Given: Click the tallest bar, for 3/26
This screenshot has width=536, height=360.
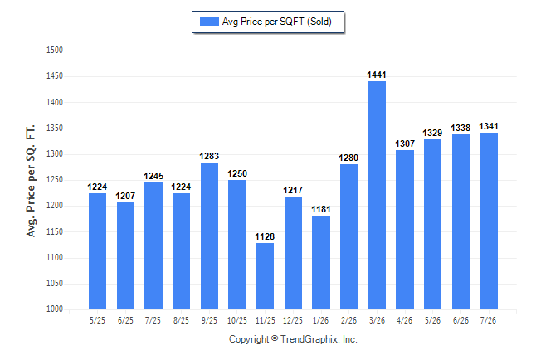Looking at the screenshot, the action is tap(377, 195).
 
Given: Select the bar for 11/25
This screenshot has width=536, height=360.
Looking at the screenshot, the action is tap(265, 276).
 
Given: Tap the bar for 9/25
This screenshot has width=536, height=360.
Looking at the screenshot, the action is tap(209, 236).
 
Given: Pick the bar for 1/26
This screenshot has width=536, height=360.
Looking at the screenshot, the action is tap(321, 263).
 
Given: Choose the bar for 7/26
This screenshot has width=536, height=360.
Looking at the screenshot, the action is tap(489, 221).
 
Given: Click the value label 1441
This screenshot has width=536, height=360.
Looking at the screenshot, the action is tap(377, 75).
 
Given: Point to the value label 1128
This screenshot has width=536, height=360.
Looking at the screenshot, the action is tap(265, 236).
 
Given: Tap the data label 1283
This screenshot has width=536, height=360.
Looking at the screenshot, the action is tap(209, 156).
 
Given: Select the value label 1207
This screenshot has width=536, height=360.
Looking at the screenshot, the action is tap(125, 196).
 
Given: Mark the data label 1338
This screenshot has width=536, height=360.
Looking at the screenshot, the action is tap(460, 128).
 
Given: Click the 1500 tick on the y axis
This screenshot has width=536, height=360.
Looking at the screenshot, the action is tap(55, 51).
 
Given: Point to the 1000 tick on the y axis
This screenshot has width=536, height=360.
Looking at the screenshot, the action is tap(55, 309).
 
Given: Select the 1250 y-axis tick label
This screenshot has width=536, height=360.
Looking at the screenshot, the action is tap(55, 180).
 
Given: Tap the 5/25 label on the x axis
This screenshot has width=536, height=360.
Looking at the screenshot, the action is tap(97, 320).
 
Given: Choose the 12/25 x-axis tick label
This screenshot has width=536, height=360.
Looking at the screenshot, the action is tap(293, 320).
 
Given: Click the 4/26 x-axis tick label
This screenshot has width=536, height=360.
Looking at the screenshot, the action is tap(404, 320).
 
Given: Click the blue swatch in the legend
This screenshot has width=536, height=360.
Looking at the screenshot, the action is tap(209, 22).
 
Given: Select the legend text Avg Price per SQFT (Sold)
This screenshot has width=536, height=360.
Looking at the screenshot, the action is tap(277, 22).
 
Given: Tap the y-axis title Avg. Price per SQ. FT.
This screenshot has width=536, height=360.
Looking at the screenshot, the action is tap(31, 181).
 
